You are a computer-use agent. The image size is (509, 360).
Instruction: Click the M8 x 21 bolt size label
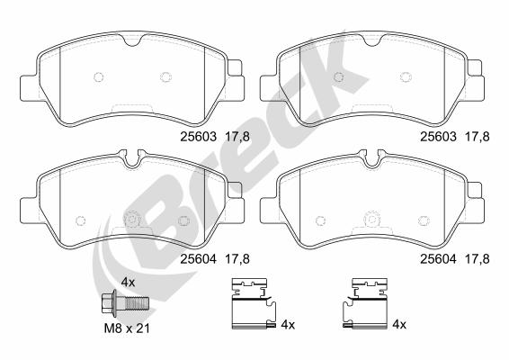point(127,328)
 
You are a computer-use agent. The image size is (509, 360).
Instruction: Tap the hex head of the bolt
point(107,302)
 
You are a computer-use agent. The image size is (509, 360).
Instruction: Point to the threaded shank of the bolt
point(137,302)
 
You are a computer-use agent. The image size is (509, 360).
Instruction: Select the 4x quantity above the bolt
point(128,283)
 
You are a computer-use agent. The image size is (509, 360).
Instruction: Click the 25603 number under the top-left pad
point(198,137)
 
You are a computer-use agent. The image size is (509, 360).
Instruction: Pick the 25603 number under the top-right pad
point(438,137)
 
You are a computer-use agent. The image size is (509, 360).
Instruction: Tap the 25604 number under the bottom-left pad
point(198,259)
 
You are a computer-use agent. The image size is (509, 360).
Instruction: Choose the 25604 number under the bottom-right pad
point(438,259)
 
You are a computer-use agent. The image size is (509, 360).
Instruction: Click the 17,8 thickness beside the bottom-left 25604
point(237,259)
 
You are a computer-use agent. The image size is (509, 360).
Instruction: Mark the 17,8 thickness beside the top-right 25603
point(478,137)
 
